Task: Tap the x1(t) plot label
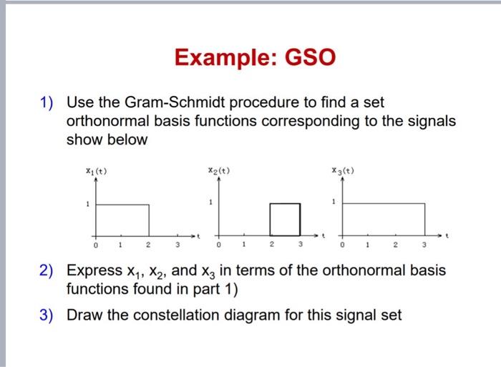(97, 171)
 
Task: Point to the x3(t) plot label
(342, 171)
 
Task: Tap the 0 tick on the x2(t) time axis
(219, 245)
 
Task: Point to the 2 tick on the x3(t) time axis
(395, 245)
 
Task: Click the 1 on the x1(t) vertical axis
(87, 204)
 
